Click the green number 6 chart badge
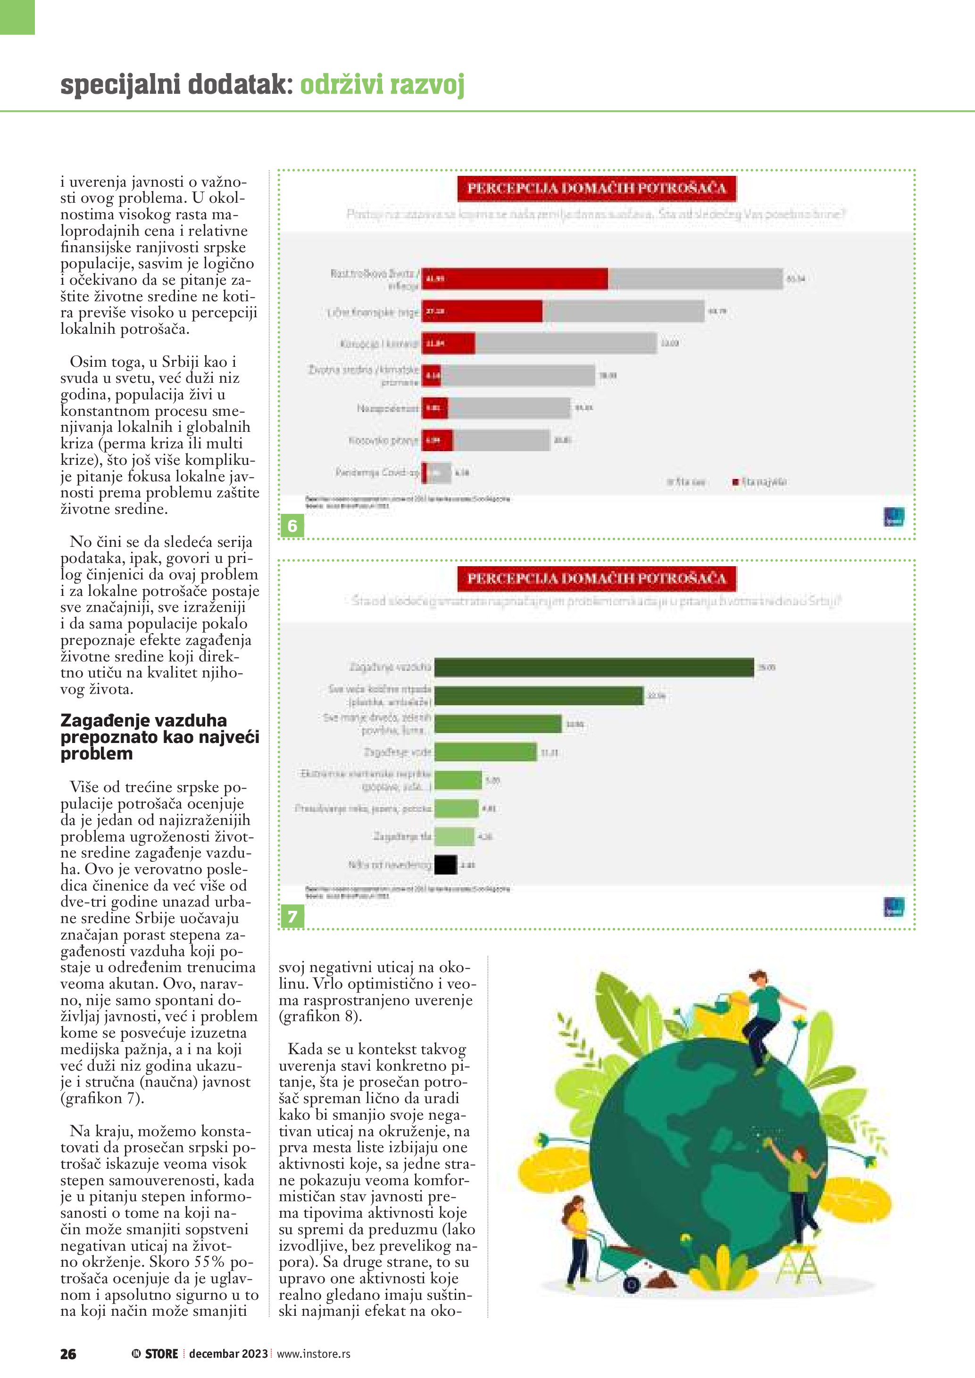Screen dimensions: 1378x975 click(x=292, y=526)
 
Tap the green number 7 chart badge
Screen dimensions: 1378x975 click(x=292, y=916)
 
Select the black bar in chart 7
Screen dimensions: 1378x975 click(x=445, y=865)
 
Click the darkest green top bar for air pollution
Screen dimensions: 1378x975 click(x=594, y=668)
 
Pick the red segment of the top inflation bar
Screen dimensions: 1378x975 click(x=515, y=279)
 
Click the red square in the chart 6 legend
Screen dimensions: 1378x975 click(x=735, y=482)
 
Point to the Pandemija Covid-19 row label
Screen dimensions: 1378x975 click(x=377, y=472)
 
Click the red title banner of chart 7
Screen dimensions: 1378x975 click(x=596, y=578)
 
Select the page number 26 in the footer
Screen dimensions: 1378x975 click(x=68, y=1353)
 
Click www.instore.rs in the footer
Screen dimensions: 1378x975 click(x=313, y=1353)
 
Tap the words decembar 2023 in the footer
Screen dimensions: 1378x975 click(x=228, y=1353)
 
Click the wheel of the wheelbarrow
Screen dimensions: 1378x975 click(x=631, y=1285)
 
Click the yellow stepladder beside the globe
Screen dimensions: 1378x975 click(x=799, y=1265)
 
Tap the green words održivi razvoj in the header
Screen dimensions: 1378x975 click(x=383, y=85)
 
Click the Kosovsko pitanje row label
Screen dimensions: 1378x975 click(x=383, y=440)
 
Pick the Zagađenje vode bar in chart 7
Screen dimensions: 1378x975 click(x=485, y=752)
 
